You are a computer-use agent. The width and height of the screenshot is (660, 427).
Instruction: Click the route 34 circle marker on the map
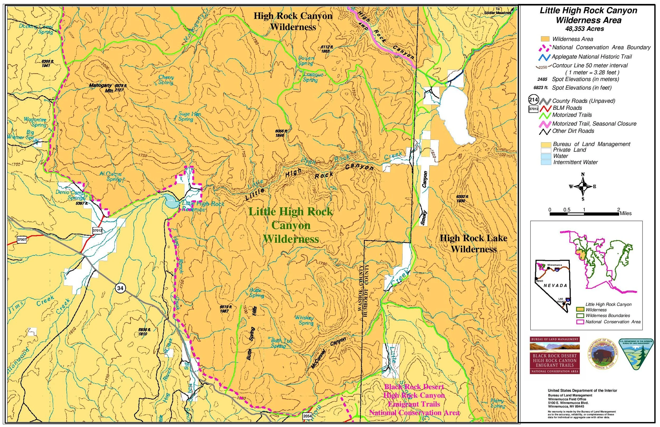(x=120, y=288)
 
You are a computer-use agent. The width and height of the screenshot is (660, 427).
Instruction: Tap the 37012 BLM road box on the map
(x=97, y=230)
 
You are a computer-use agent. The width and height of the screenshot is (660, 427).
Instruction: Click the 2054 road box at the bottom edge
(x=307, y=416)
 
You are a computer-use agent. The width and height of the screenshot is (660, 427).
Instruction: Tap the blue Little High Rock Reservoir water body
(x=170, y=201)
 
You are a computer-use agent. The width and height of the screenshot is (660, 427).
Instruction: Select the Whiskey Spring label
(x=304, y=320)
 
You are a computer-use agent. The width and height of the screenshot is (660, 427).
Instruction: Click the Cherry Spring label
(x=166, y=80)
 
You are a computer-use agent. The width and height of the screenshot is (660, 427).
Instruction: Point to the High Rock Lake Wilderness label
(x=473, y=243)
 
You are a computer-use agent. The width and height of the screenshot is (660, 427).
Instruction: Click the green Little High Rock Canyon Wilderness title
(x=291, y=225)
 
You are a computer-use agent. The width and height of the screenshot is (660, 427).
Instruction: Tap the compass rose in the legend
(x=583, y=187)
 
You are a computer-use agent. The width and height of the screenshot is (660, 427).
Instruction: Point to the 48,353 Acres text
(x=584, y=29)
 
